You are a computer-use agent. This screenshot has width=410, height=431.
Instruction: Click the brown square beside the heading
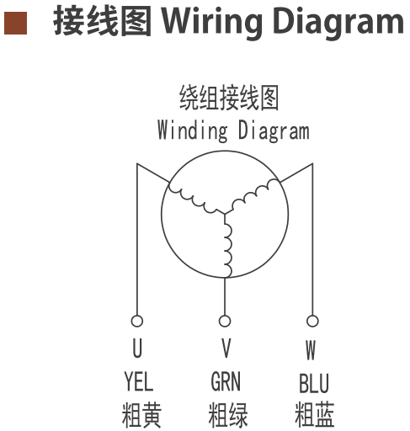coord(16,23)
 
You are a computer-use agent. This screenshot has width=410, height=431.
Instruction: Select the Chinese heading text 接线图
coord(103,21)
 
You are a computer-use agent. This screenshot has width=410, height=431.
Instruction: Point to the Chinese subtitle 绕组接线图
coord(229,98)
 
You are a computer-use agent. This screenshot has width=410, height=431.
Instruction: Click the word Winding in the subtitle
coord(193,130)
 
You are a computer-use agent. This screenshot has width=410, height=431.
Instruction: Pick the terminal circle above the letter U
coord(137,321)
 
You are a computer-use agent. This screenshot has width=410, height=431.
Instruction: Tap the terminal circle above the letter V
coord(225,321)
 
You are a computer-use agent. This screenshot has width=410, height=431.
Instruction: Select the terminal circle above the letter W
coord(312,321)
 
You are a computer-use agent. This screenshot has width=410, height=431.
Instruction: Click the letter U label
coord(137,348)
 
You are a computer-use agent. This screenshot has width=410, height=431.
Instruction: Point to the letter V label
coord(226,348)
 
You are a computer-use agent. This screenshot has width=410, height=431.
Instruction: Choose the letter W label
coord(311,349)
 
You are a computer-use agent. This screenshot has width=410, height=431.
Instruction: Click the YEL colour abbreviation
coord(139,381)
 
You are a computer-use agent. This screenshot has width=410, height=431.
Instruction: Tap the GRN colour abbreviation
coord(226,381)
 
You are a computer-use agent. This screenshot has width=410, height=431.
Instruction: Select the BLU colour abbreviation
coord(314,383)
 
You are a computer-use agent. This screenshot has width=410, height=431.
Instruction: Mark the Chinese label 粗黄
coord(141,414)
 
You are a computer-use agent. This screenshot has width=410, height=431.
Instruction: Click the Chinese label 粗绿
coord(228,414)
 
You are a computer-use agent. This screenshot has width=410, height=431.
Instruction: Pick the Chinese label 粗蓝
coord(314,414)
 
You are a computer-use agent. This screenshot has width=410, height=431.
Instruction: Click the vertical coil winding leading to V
coord(228,247)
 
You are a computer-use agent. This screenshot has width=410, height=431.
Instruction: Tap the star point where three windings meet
coord(225,214)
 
